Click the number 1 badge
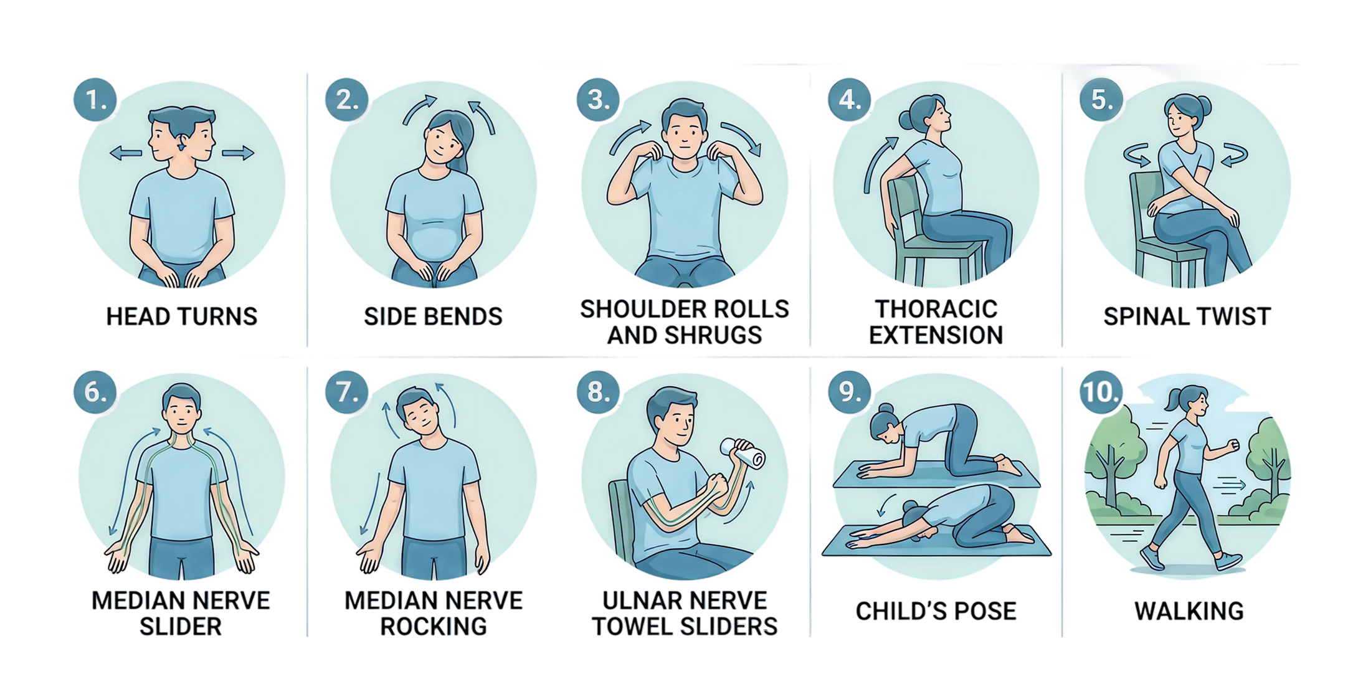[x=95, y=100]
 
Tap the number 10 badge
[x=1101, y=392]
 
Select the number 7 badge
[x=347, y=392]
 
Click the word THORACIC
[x=936, y=309]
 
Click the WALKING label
[x=1189, y=611]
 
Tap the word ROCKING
[x=434, y=626]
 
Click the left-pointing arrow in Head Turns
[x=125, y=153]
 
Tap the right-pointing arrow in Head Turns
[x=239, y=153]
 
